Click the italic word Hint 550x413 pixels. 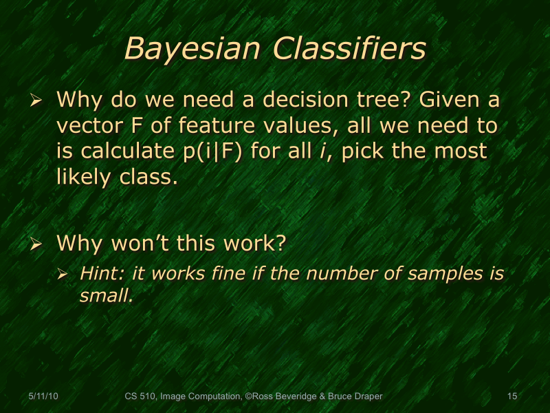point(102,273)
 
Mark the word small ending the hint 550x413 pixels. point(105,297)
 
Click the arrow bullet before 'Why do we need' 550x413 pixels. point(37,101)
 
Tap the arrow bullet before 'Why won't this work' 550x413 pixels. point(37,244)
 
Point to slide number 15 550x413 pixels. point(511,396)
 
